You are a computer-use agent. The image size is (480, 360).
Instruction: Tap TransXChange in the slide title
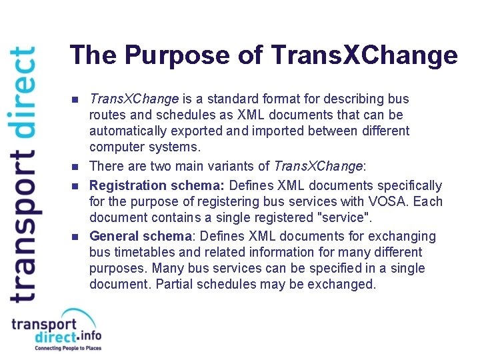365,55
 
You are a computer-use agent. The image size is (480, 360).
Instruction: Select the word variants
238,165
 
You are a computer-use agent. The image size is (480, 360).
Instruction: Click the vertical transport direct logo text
23,173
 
